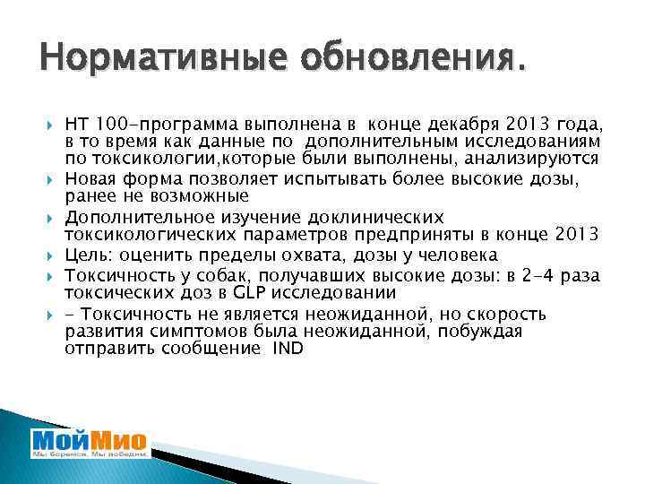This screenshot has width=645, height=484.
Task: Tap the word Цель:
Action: pos(90,255)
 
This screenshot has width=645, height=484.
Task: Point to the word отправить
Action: pos(107,349)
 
